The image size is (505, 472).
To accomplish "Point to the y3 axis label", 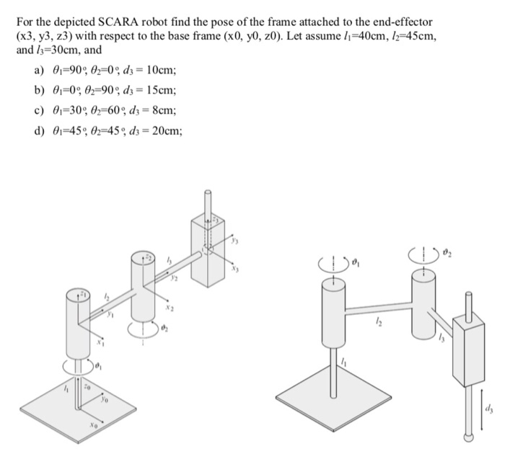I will click(233, 242).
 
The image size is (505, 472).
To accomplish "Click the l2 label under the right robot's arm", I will click(377, 325).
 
